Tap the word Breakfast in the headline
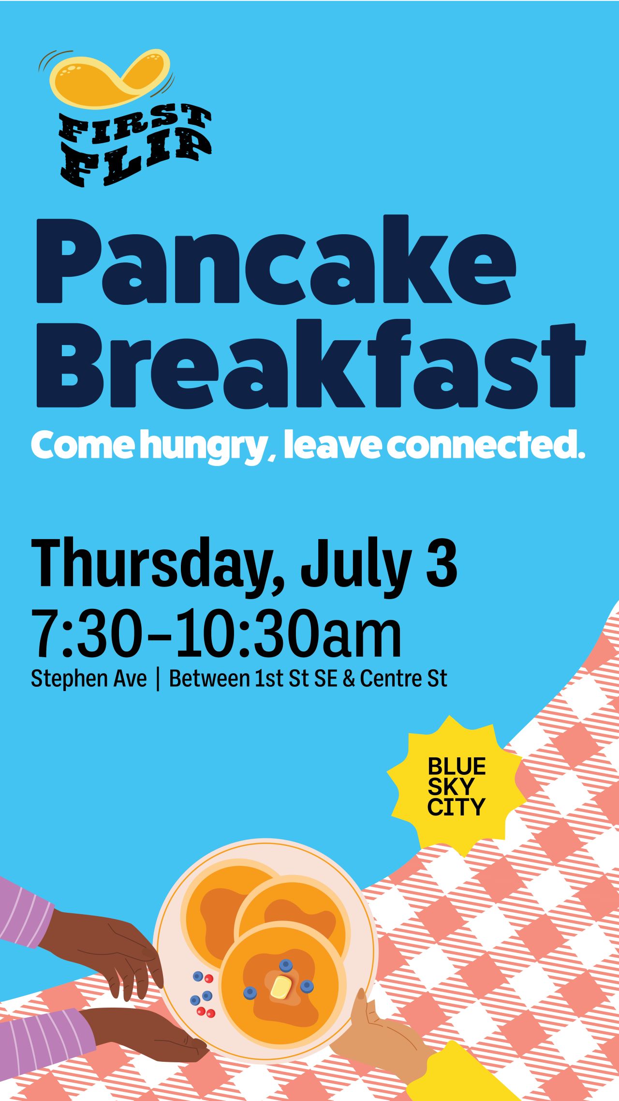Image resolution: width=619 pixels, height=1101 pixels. point(311,363)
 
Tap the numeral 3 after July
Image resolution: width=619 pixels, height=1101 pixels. point(442,562)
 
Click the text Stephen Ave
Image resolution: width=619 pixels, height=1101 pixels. point(88,679)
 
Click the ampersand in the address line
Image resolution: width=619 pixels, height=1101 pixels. point(349,679)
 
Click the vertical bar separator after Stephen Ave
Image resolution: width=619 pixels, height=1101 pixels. point(158,679)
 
